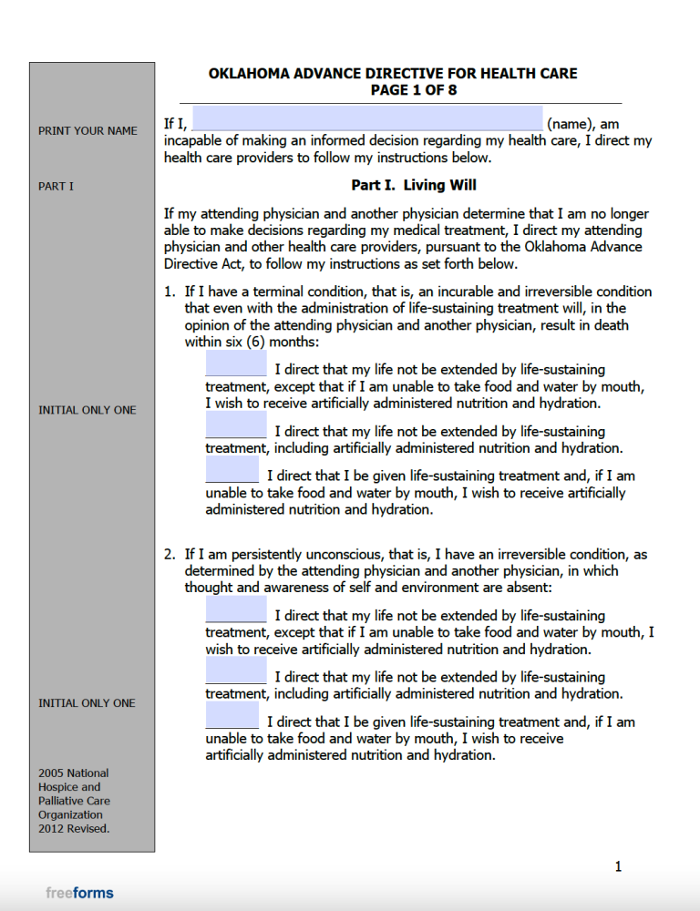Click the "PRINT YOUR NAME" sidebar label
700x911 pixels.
pyautogui.click(x=87, y=131)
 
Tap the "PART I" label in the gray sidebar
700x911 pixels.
pyautogui.click(x=56, y=187)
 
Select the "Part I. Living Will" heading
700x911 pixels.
pyautogui.click(x=414, y=185)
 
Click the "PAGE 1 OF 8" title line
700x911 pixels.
pyautogui.click(x=413, y=90)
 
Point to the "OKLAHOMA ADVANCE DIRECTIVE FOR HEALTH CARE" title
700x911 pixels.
pyautogui.click(x=393, y=74)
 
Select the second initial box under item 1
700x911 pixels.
pyautogui.click(x=236, y=425)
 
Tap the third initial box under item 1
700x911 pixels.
pyautogui.click(x=232, y=470)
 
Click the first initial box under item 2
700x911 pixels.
pyautogui.click(x=236, y=610)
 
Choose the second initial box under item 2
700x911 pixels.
pyautogui.click(x=236, y=671)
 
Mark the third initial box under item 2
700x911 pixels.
pyautogui.click(x=232, y=716)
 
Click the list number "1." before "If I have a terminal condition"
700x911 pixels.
pyautogui.click(x=170, y=292)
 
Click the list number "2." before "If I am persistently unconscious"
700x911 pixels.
pyautogui.click(x=170, y=554)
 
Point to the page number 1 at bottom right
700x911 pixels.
pyautogui.click(x=618, y=866)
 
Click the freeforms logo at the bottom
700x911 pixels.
pyautogui.click(x=79, y=893)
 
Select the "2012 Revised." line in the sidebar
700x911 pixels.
pyautogui.click(x=74, y=829)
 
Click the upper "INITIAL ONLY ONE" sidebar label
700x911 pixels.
pyautogui.click(x=87, y=410)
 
